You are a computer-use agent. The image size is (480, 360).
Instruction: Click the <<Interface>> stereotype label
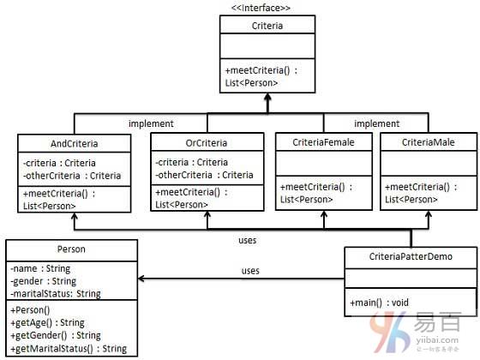click(261, 8)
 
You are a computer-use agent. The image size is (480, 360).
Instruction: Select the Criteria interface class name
click(267, 26)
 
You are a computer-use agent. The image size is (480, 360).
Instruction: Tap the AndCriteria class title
click(75, 144)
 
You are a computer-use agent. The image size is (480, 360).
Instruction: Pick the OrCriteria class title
click(207, 143)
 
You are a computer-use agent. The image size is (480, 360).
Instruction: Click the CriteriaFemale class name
click(324, 142)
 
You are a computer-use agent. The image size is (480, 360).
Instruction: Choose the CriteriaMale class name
click(429, 142)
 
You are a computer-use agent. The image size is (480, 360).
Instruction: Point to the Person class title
click(71, 249)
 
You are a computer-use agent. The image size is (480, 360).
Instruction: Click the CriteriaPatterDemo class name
click(411, 256)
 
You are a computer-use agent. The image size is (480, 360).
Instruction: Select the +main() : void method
click(379, 303)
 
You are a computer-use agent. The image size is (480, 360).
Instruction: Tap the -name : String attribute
click(40, 268)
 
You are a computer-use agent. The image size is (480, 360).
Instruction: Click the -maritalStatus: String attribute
click(56, 293)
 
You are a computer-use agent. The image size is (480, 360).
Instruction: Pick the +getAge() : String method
click(47, 322)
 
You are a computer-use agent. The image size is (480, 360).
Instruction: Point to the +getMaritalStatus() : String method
click(69, 348)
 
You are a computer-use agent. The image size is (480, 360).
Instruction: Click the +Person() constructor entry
click(30, 309)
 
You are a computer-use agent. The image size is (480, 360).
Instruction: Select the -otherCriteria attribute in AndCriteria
click(72, 176)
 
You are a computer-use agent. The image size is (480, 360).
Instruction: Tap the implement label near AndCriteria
click(151, 123)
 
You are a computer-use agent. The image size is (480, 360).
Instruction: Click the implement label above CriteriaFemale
click(377, 123)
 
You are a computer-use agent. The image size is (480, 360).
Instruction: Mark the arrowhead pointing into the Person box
click(141, 279)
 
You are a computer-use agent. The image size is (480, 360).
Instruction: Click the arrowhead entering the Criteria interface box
click(267, 97)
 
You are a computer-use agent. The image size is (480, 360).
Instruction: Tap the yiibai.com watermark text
click(437, 339)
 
